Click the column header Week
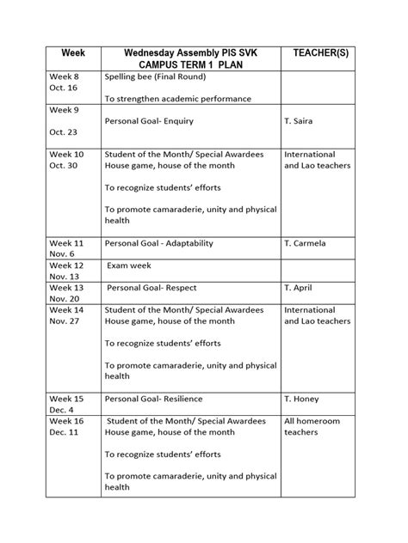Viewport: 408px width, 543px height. click(x=72, y=53)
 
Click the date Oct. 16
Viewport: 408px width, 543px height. click(x=64, y=88)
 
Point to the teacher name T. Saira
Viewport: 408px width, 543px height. click(x=300, y=121)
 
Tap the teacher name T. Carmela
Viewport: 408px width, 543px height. click(x=306, y=243)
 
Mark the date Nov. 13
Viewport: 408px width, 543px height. click(x=64, y=277)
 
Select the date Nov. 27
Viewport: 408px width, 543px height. click(x=64, y=320)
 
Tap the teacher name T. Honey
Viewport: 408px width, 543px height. click(x=302, y=399)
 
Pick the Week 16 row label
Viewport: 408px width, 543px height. click(x=67, y=421)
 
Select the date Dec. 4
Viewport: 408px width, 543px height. click(x=62, y=410)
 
